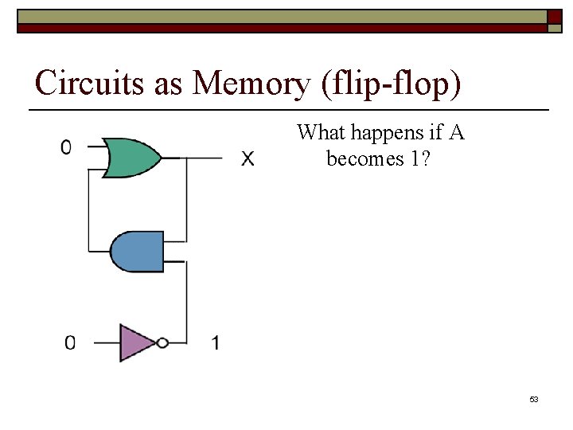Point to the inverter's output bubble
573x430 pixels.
(162, 343)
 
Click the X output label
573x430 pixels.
(248, 159)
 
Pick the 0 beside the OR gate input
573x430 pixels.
(66, 147)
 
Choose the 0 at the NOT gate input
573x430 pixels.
(70, 343)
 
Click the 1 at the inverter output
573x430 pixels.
(216, 343)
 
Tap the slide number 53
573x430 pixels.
(534, 399)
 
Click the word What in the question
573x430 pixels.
(321, 133)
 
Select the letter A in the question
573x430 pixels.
(456, 132)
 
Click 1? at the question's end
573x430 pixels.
(420, 159)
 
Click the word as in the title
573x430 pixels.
(169, 84)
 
